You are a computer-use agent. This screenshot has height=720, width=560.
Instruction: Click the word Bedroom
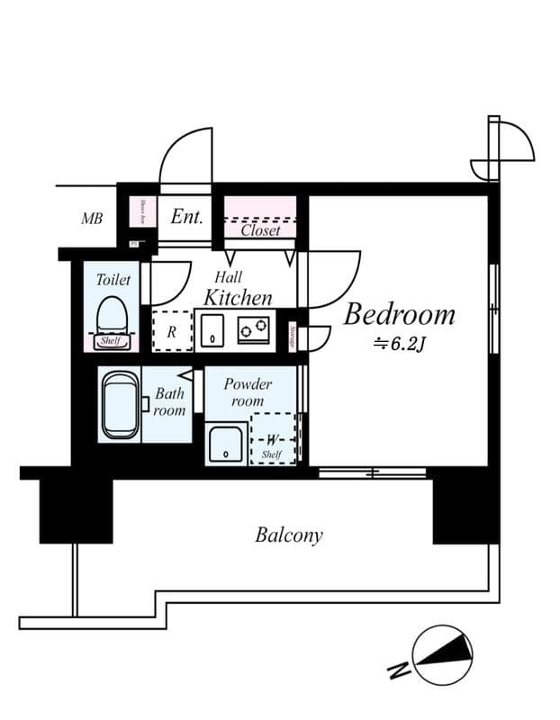click(399, 315)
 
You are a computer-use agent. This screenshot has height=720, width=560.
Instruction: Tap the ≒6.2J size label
click(400, 343)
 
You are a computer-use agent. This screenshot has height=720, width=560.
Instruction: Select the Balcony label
click(288, 535)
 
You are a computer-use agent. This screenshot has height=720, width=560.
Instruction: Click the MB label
click(91, 219)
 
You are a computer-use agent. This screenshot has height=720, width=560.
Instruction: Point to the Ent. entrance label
click(186, 218)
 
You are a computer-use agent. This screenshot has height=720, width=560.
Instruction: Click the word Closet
click(260, 230)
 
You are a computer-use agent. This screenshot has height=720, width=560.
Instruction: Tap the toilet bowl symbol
click(113, 318)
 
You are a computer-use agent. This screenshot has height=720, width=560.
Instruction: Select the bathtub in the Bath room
click(120, 405)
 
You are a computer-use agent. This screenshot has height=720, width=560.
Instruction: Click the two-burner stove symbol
click(254, 330)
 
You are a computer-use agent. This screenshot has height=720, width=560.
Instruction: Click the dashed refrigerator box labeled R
click(171, 331)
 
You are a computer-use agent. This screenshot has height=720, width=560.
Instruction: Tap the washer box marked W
click(273, 438)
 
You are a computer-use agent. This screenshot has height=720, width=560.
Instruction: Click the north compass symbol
click(441, 655)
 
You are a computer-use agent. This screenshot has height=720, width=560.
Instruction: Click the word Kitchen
click(238, 297)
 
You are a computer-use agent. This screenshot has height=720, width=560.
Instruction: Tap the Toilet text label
click(113, 280)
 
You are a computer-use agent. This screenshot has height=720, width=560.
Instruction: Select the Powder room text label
click(248, 392)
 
